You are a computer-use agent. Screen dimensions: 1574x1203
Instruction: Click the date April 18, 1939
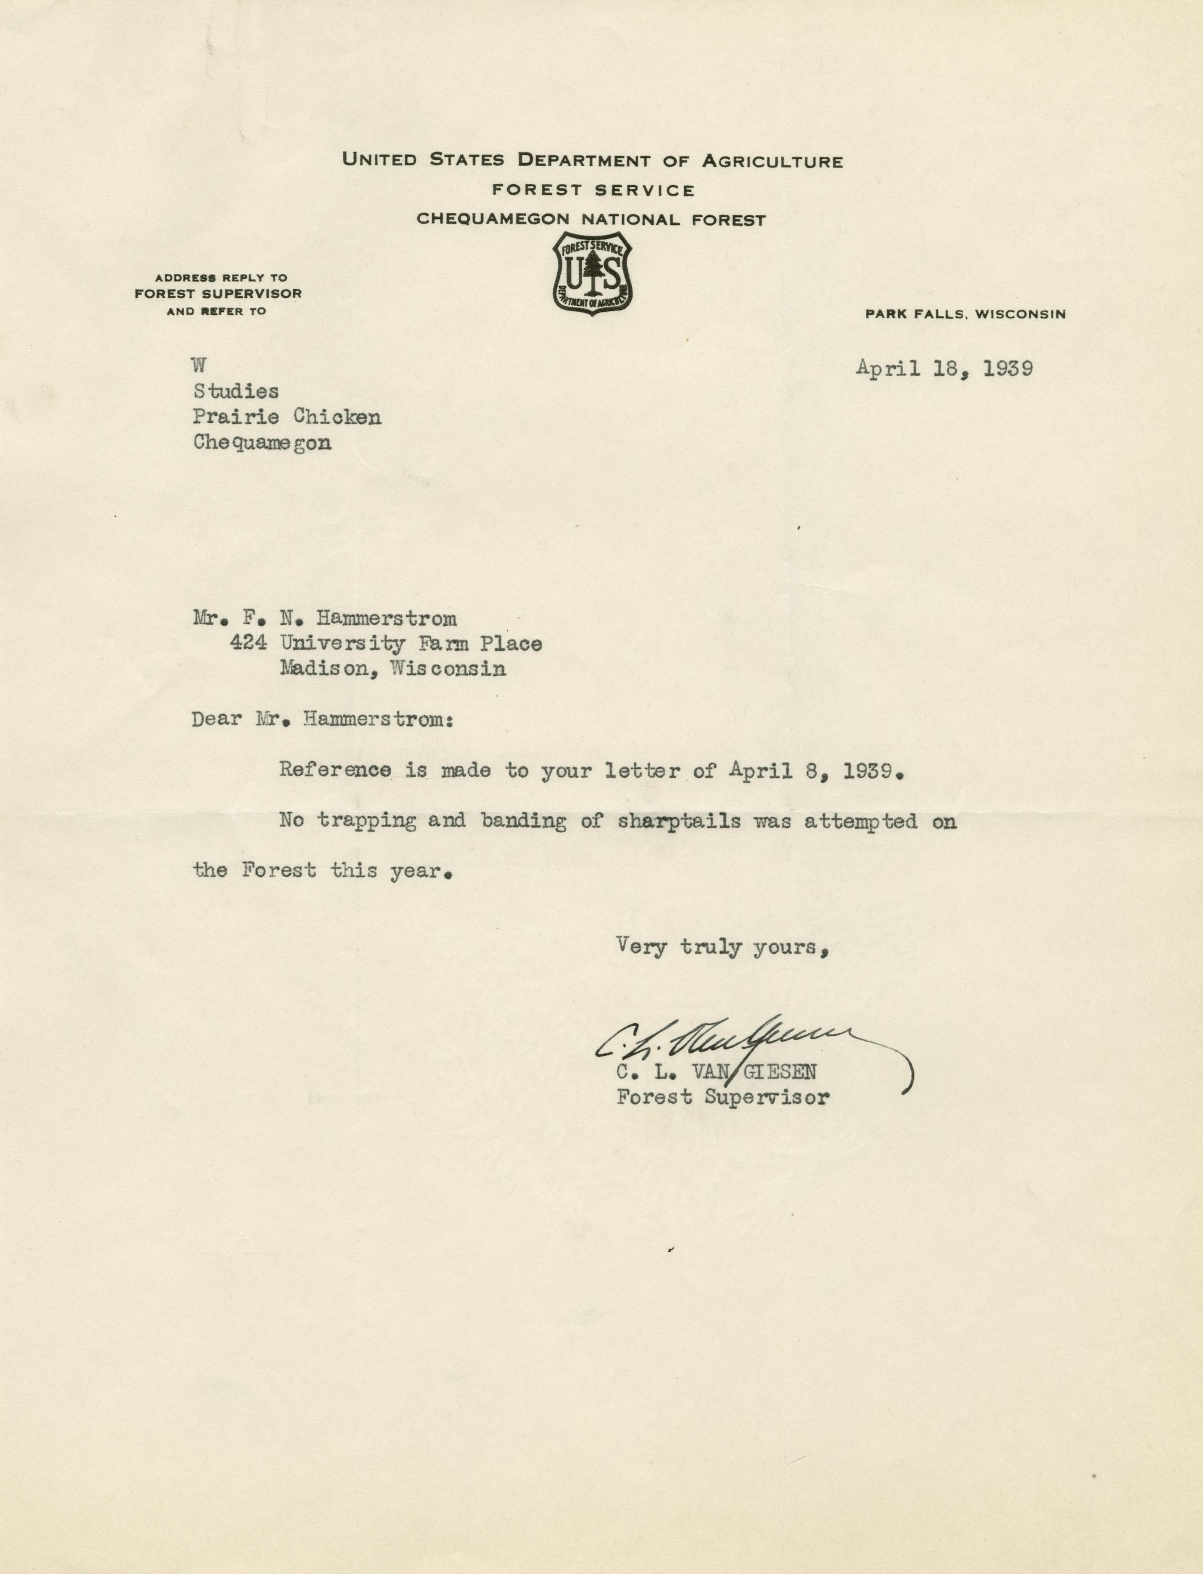944,369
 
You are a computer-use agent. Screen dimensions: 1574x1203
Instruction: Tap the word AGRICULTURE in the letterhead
772,160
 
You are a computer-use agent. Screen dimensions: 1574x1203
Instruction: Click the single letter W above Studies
199,365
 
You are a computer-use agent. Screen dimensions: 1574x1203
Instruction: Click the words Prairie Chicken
286,417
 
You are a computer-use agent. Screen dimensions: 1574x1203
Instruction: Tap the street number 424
249,643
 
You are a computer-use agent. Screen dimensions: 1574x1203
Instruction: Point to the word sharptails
679,821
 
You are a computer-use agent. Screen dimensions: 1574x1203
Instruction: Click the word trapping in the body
367,821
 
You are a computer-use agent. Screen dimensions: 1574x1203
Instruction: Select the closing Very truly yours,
723,947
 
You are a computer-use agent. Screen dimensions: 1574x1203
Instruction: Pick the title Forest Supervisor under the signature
723,1097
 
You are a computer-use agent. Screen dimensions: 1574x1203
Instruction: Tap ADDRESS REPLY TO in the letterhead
221,278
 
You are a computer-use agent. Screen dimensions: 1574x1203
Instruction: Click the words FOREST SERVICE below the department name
593,190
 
